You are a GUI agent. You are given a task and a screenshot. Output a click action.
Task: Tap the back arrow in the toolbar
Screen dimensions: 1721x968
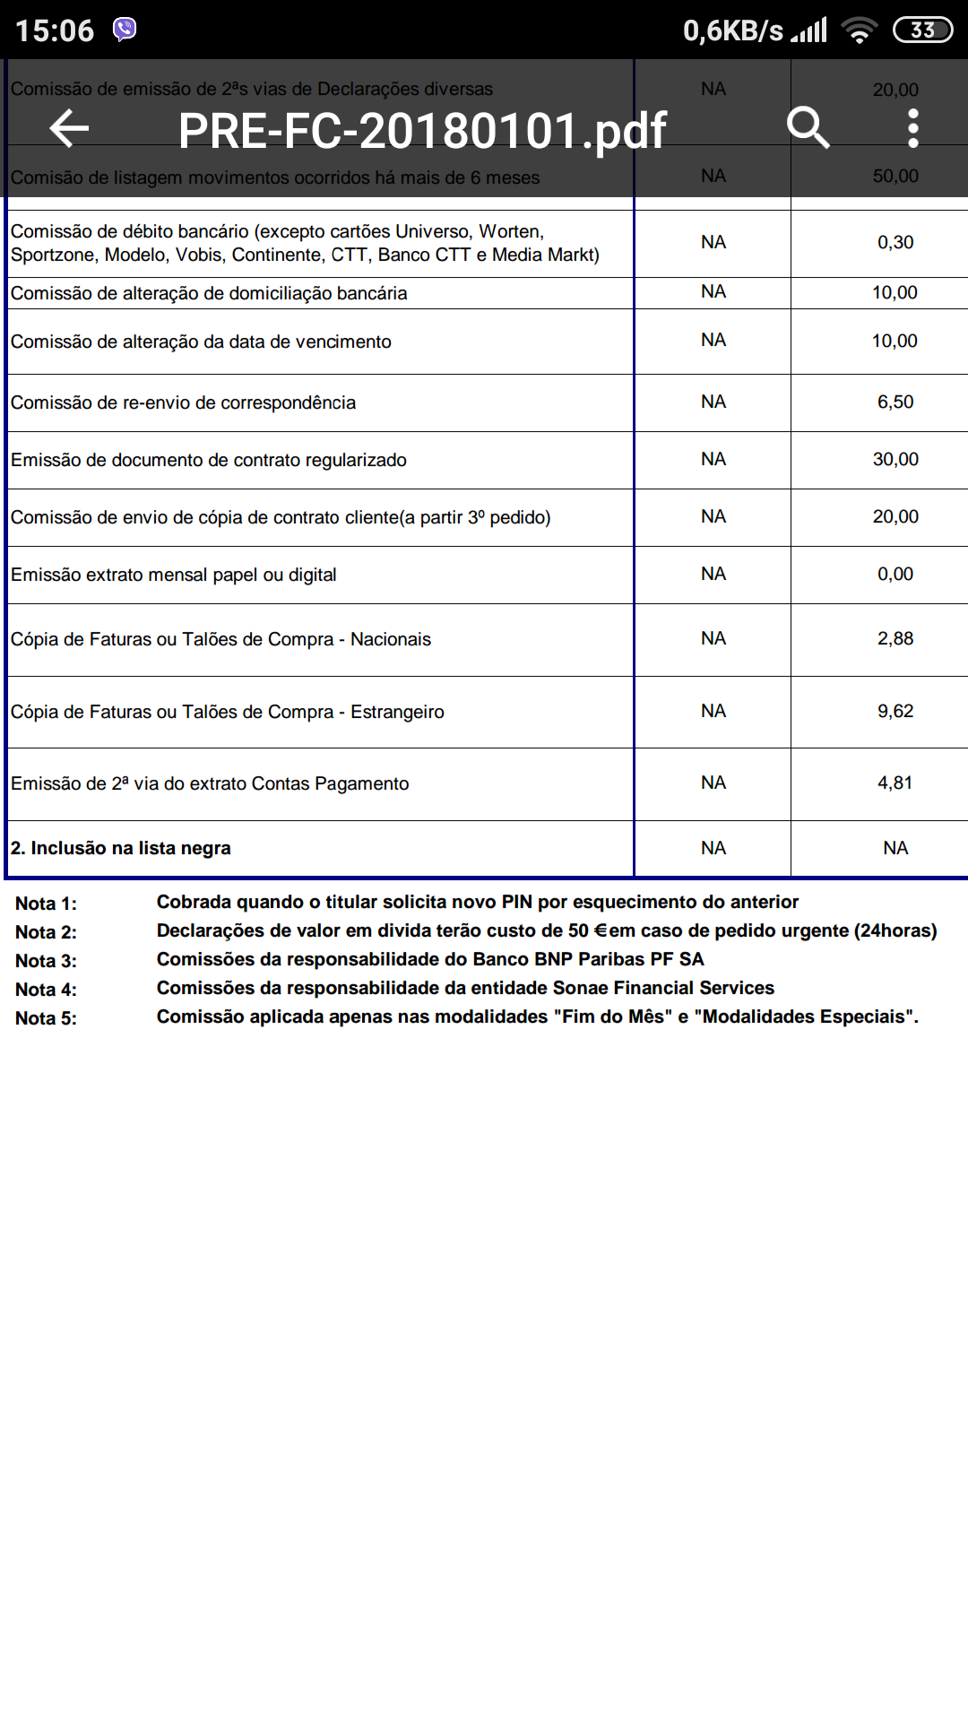pos(69,128)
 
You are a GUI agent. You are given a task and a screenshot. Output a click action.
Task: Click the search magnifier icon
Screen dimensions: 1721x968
pos(808,128)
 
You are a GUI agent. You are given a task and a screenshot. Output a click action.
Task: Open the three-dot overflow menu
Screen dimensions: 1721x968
pos(912,128)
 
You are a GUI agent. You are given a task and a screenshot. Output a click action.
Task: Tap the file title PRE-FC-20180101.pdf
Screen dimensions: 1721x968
pos(422,131)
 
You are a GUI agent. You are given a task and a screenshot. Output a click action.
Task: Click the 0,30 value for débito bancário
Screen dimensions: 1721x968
pos(895,243)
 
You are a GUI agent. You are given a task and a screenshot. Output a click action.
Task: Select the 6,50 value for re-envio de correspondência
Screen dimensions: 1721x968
pos(895,402)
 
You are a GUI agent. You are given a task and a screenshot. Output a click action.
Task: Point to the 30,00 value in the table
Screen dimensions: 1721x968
pos(895,460)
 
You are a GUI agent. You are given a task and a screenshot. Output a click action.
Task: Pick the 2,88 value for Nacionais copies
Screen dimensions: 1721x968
pos(895,639)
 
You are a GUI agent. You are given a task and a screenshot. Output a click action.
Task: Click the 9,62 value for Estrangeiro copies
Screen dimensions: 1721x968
pos(895,712)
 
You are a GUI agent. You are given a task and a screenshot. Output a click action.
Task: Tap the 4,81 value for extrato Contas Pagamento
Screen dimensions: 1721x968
pos(895,783)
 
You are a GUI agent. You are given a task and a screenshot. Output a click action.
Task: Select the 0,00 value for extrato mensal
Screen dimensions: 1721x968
pos(895,575)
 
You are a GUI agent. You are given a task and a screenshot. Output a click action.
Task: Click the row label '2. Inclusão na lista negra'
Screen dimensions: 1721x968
pos(121,848)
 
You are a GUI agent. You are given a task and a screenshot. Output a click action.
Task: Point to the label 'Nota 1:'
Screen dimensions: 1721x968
pos(46,904)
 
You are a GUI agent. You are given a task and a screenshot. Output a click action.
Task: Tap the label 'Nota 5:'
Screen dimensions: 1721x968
pos(46,1018)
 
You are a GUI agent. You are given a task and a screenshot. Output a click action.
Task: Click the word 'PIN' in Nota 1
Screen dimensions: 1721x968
pos(517,902)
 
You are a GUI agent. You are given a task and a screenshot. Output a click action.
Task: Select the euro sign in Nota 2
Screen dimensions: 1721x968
pos(601,930)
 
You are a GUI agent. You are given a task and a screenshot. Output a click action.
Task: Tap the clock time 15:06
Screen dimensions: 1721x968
pos(55,30)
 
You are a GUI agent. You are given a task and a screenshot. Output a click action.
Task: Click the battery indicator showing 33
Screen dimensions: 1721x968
pos(922,30)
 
